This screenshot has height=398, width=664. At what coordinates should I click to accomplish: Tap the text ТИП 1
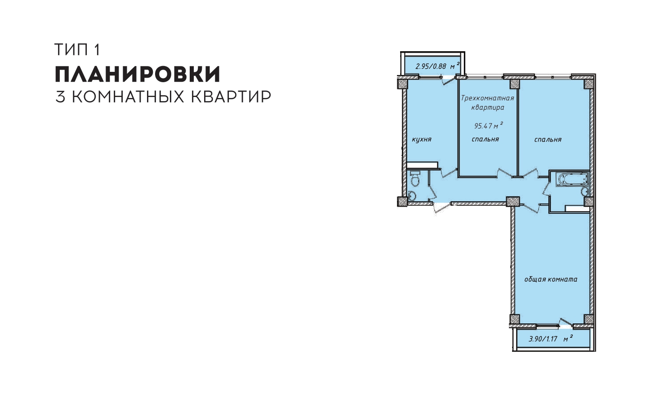pyautogui.click(x=78, y=49)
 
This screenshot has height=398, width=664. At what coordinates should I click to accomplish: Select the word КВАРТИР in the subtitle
pyautogui.click(x=231, y=97)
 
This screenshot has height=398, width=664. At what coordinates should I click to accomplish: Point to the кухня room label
pyautogui.click(x=422, y=139)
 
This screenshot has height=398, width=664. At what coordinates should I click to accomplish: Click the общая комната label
pyautogui.click(x=551, y=279)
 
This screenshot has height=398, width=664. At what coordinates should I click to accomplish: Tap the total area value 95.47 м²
pyautogui.click(x=489, y=125)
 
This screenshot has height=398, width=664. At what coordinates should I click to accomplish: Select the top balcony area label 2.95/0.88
pyautogui.click(x=431, y=66)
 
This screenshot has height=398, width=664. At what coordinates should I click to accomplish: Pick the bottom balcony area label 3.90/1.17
pyautogui.click(x=543, y=339)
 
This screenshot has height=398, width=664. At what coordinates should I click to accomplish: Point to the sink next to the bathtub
pyautogui.click(x=584, y=191)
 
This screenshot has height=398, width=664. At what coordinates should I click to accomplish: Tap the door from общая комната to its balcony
pyautogui.click(x=566, y=323)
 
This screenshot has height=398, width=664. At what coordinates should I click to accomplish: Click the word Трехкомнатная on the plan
pyautogui.click(x=487, y=98)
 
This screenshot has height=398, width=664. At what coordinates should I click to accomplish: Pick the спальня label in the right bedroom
pyautogui.click(x=548, y=139)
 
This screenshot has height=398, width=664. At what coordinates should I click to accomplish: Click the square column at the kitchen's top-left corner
pyautogui.click(x=402, y=82)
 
